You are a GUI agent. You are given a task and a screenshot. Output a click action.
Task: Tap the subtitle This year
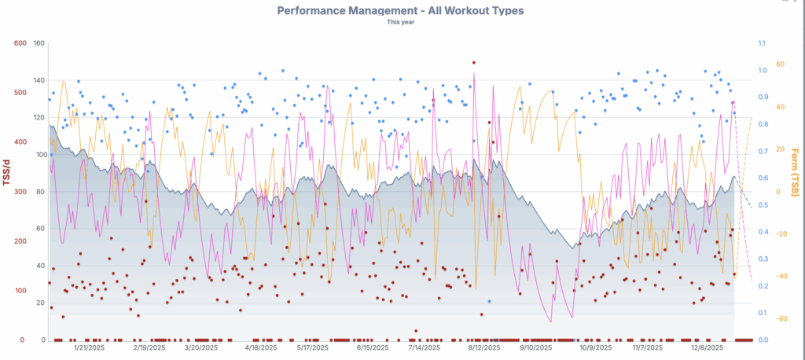(x=401, y=22)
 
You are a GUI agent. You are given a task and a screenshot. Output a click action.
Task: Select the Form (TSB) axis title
(x=795, y=173)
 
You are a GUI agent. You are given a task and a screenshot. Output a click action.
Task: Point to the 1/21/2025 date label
(x=90, y=347)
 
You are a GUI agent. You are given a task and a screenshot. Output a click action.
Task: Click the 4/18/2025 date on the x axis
(x=261, y=347)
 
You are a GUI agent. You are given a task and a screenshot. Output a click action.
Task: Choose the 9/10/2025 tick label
(x=536, y=347)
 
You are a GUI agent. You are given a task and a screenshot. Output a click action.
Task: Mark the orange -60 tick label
(x=782, y=319)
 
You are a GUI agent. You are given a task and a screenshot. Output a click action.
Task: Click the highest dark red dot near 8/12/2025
(x=473, y=63)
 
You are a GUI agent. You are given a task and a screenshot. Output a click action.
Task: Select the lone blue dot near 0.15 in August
(x=489, y=301)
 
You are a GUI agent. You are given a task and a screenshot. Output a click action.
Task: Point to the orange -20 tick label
(x=782, y=234)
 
